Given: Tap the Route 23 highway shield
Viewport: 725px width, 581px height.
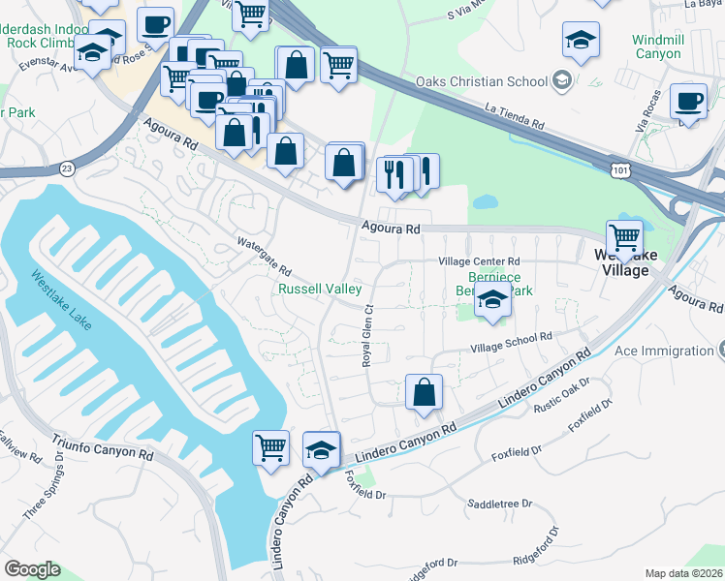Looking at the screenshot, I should point(67,168).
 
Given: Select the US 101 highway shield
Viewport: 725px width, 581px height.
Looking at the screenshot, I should point(618,170).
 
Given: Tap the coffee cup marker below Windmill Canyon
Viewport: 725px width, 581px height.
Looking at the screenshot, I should point(689,102).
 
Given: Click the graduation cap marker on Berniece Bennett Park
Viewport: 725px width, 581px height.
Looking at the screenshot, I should point(493,302).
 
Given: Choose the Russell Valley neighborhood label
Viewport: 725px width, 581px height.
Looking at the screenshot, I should point(320,289).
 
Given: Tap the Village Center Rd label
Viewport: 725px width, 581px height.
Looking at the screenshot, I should point(479,261).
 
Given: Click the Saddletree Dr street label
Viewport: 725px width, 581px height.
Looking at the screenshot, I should point(500,504).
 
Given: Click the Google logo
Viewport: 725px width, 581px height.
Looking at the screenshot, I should point(32,568).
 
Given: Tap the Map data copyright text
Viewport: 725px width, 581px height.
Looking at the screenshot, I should point(683,573).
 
